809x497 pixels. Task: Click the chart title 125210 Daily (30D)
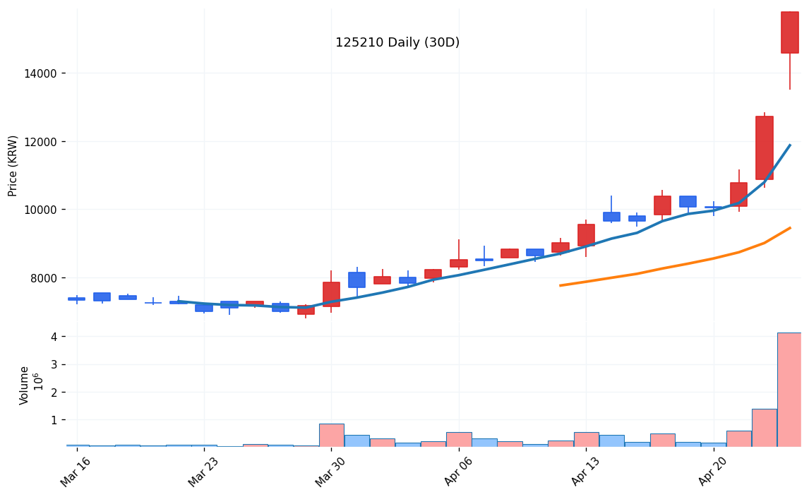(397, 43)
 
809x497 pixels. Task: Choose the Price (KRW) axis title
(13, 165)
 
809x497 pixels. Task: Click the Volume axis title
(25, 385)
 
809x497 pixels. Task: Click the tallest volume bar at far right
(789, 390)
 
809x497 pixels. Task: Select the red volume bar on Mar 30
(331, 435)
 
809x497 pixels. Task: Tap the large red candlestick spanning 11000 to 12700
(764, 148)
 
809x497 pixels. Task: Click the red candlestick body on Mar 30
(331, 294)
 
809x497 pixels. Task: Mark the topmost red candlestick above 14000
(789, 32)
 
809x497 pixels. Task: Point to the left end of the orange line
(560, 285)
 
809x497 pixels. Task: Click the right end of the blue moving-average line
(789, 145)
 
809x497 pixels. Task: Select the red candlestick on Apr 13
(586, 235)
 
